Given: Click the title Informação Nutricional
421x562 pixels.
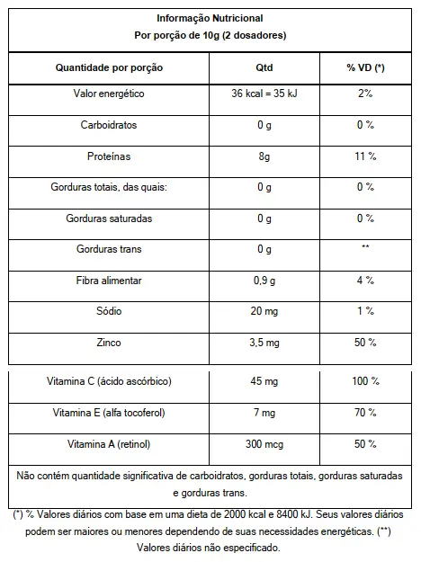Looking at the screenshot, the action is [210, 18].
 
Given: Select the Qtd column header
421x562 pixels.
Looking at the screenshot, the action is [264, 67].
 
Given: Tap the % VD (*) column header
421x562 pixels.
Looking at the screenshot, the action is [365, 67].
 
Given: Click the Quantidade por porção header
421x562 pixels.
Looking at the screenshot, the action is [109, 67].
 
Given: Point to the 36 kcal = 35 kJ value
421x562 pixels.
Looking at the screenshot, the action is [264, 94].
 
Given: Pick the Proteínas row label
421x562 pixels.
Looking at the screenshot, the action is [109, 156].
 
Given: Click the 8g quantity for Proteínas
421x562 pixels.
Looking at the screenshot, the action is [264, 156].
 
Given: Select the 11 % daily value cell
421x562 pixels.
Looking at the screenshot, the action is [365, 156].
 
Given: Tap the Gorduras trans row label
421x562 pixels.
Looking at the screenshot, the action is [109, 249].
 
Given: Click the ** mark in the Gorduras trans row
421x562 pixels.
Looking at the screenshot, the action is [365, 246].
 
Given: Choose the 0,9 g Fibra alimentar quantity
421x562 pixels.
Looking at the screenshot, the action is [264, 281].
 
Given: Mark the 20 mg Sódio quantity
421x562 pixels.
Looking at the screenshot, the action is [264, 311].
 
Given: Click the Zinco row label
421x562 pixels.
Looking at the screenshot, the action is [109, 343].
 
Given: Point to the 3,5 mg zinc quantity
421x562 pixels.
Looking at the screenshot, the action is [264, 343].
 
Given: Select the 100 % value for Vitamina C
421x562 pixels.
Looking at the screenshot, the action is [365, 381].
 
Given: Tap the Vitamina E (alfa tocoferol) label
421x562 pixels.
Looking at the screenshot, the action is [109, 413].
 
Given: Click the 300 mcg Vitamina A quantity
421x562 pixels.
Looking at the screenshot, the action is [264, 444].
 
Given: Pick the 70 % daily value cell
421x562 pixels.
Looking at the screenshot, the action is [365, 413].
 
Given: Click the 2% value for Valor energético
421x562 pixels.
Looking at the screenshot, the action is [365, 94].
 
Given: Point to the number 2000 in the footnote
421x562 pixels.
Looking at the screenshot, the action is [236, 514].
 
